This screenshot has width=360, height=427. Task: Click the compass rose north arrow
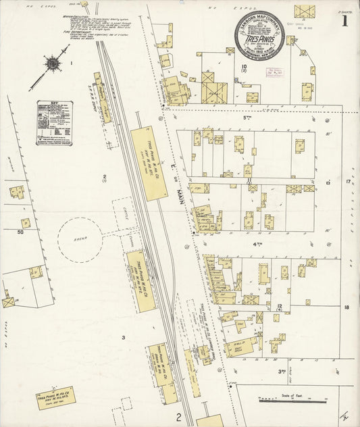(x=51, y=64)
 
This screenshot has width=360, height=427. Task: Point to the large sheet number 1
(x=345, y=20)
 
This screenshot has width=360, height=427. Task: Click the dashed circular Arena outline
(x=79, y=239)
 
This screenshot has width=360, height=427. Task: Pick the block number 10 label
(x=243, y=67)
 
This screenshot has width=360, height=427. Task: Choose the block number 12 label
(x=279, y=306)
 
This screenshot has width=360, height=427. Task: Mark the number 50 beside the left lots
(x=20, y=232)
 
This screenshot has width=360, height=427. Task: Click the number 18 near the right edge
(x=346, y=307)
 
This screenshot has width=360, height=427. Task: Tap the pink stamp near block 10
(x=275, y=73)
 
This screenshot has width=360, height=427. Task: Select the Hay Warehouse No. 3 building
(x=148, y=159)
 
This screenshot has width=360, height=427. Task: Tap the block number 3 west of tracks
(x=124, y=336)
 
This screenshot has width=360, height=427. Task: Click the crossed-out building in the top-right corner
(x=304, y=12)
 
